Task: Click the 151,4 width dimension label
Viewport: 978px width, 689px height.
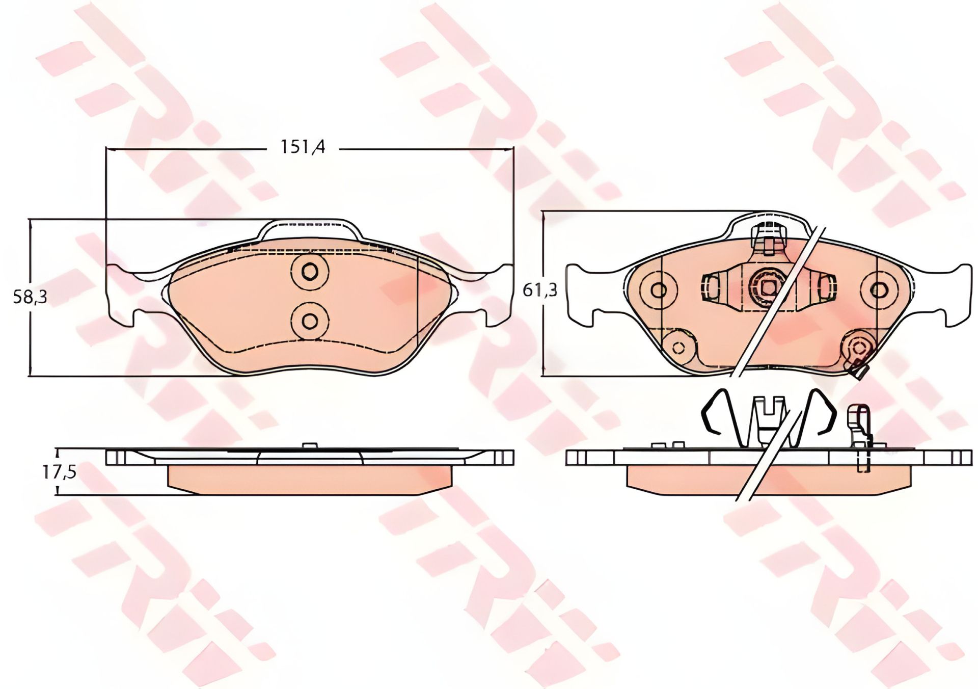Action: click(x=303, y=147)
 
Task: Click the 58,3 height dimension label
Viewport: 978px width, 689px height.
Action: click(x=30, y=297)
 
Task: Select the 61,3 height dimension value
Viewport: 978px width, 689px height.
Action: click(x=540, y=290)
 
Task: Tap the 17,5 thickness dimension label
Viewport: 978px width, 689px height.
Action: click(x=59, y=472)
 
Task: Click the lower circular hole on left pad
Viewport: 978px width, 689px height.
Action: click(x=309, y=321)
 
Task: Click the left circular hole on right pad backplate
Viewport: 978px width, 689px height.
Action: click(x=659, y=290)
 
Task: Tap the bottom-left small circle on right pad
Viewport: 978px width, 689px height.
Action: click(x=678, y=348)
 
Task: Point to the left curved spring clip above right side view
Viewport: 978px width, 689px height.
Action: click(x=719, y=415)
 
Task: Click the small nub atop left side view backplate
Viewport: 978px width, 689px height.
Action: click(x=309, y=445)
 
